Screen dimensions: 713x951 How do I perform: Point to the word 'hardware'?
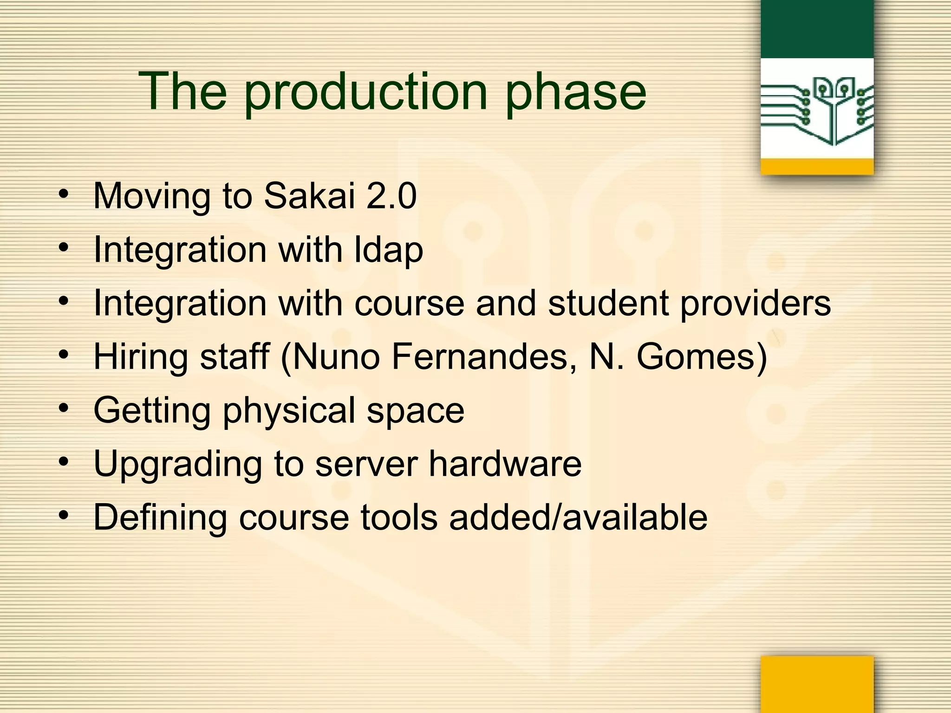pyautogui.click(x=505, y=463)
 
